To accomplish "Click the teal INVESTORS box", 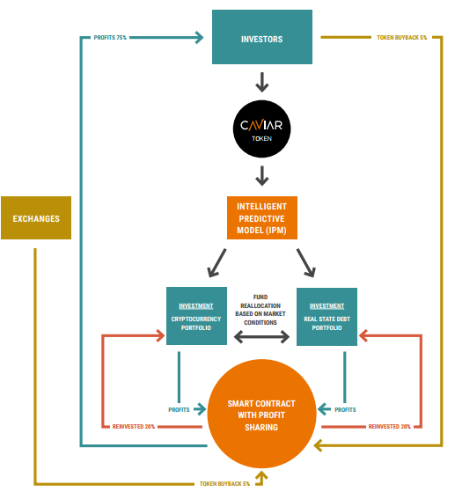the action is coord(262,37).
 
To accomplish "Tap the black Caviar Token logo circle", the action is coord(262,129).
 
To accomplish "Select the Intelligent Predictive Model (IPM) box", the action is coord(262,217).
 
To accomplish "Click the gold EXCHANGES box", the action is coord(36,217).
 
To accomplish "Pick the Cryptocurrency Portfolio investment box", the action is coord(196,316).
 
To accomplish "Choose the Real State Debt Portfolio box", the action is coord(327,317).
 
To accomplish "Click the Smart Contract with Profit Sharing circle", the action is coord(261,415).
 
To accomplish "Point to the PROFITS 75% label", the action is coord(110,38).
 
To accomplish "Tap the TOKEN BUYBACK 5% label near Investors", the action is coord(401,38).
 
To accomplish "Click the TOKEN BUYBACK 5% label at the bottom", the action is coord(224,483).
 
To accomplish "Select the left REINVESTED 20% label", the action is coord(134,426).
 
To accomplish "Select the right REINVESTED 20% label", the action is coord(389,426).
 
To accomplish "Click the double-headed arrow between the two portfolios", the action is coord(261,337).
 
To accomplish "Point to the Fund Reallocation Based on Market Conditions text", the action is coord(261,310).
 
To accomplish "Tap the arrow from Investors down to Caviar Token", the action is coord(262,82).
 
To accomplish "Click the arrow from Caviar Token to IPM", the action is coord(262,176).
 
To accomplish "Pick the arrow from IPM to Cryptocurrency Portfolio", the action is coord(216,263).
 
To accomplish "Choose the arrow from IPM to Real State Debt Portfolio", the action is coord(306,263).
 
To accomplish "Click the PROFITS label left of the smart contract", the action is coord(179,410).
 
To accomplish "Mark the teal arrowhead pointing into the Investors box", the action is coord(200,37).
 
